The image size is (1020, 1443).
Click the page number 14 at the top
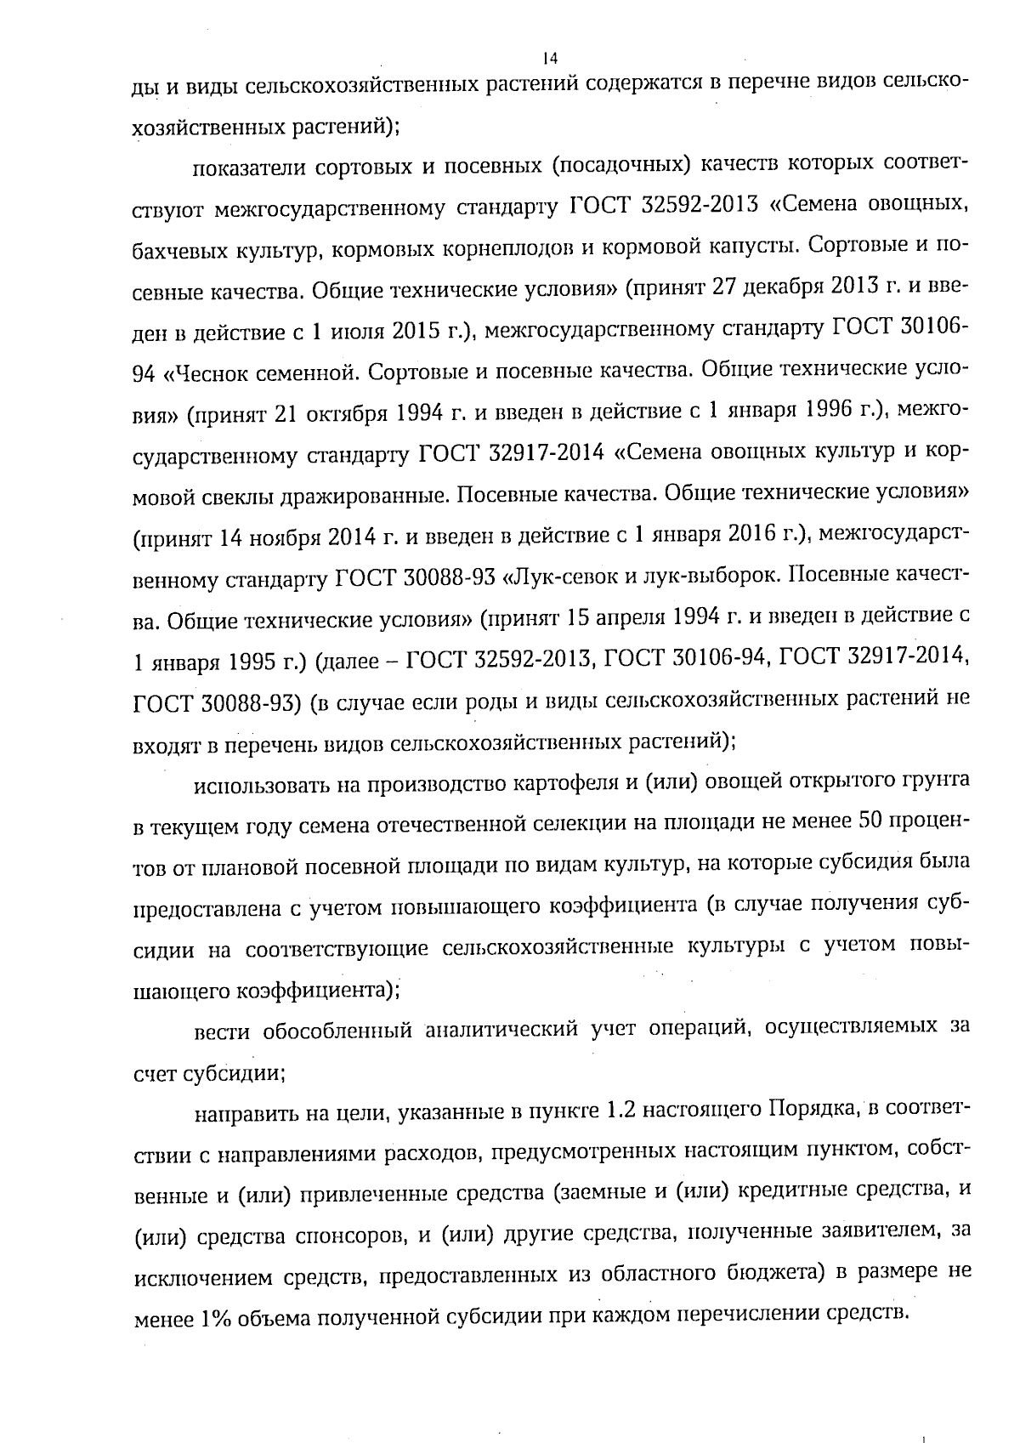point(548,58)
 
